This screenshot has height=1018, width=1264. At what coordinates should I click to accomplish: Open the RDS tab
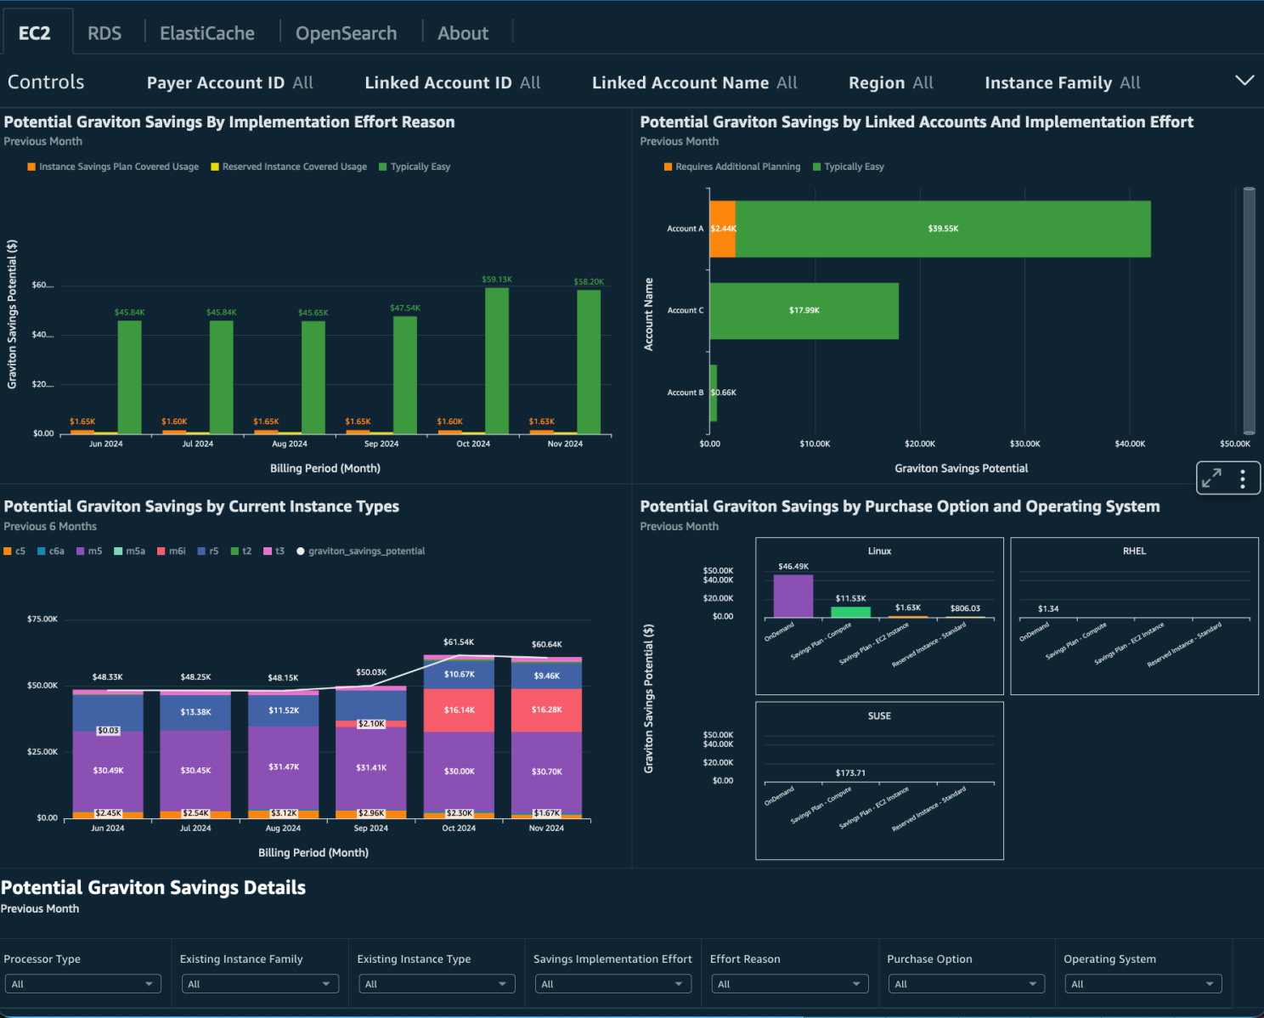point(104,33)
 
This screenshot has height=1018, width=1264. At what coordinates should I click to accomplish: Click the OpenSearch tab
point(346,33)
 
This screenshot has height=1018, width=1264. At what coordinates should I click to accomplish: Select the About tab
point(463,33)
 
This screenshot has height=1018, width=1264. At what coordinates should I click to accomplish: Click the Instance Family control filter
point(1062,82)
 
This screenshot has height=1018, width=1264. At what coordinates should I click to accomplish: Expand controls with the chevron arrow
point(1244,81)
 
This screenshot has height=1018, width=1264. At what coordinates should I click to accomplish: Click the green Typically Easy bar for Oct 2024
point(497,361)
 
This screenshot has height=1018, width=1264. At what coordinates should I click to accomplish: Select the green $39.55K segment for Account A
point(943,229)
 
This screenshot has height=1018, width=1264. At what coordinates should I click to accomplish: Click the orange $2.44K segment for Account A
point(722,229)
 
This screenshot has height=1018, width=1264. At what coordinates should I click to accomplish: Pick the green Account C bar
point(804,311)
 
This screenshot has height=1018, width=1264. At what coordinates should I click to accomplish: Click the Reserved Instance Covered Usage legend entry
point(294,167)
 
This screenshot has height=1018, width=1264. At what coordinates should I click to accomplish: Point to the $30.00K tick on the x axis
point(1024,444)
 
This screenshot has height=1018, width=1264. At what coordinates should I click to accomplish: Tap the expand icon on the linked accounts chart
point(1211,478)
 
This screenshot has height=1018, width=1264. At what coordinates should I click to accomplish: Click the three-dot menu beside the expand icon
point(1243,478)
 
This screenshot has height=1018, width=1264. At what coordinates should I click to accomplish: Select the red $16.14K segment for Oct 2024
point(459,710)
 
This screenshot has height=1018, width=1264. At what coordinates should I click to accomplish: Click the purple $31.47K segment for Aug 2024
point(283,767)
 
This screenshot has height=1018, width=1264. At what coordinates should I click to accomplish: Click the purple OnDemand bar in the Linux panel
point(793,597)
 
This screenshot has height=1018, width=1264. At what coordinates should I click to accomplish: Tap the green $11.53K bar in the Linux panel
point(850,612)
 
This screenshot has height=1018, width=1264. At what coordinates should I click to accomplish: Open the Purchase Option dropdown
point(966,984)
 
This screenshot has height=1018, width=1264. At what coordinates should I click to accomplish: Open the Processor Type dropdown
point(82,984)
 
